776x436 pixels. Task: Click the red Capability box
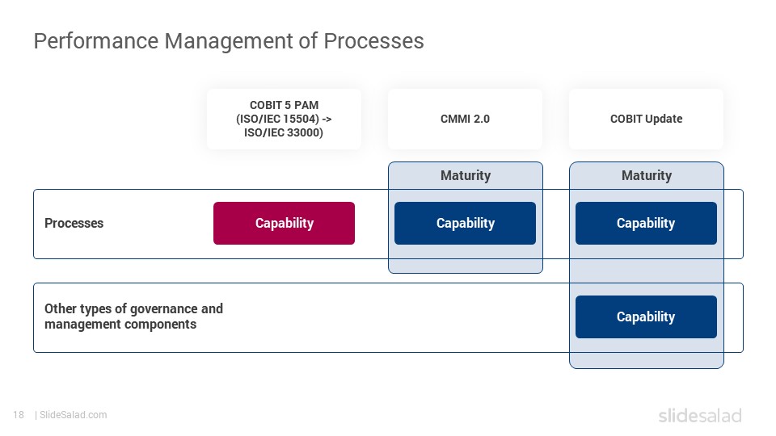284,223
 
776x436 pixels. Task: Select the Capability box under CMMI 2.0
466,223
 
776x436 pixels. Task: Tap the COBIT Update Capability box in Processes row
646,223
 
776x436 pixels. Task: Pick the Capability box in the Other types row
646,317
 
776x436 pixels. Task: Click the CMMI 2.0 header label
466,119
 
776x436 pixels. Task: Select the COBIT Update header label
647,119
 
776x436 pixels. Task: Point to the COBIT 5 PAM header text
284,119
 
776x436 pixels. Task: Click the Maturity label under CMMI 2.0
466,175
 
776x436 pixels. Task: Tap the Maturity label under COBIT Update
647,175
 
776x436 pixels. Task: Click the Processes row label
74,223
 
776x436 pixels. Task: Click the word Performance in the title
96,40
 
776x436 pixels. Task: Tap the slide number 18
19,415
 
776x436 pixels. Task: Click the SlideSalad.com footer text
74,415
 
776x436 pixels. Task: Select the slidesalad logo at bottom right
700,415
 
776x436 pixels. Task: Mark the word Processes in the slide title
373,40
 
